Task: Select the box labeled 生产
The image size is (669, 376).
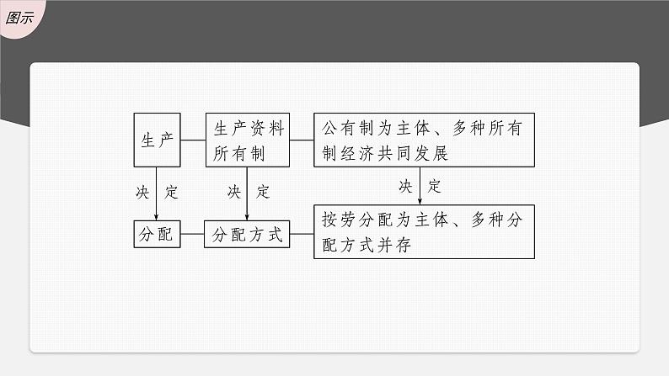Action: pyautogui.click(x=157, y=140)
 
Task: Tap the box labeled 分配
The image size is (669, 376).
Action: pyautogui.click(x=157, y=235)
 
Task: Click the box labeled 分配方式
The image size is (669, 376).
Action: pyautogui.click(x=247, y=235)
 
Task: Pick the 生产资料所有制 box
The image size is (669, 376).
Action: pyautogui.click(x=247, y=140)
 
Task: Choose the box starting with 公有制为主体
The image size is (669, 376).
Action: pyautogui.click(x=424, y=140)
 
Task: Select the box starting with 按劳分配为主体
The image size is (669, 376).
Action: pyautogui.click(x=424, y=231)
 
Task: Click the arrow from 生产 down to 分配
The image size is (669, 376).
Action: pyautogui.click(x=157, y=193)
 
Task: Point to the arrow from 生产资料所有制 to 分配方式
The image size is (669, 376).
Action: pyautogui.click(x=247, y=193)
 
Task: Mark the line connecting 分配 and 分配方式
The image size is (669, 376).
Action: pyautogui.click(x=192, y=235)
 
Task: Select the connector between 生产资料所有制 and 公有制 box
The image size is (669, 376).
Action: pyautogui.click(x=301, y=140)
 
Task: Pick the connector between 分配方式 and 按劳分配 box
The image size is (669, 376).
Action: pyautogui.click(x=301, y=235)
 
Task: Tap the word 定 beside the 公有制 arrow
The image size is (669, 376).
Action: pyautogui.click(x=434, y=185)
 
